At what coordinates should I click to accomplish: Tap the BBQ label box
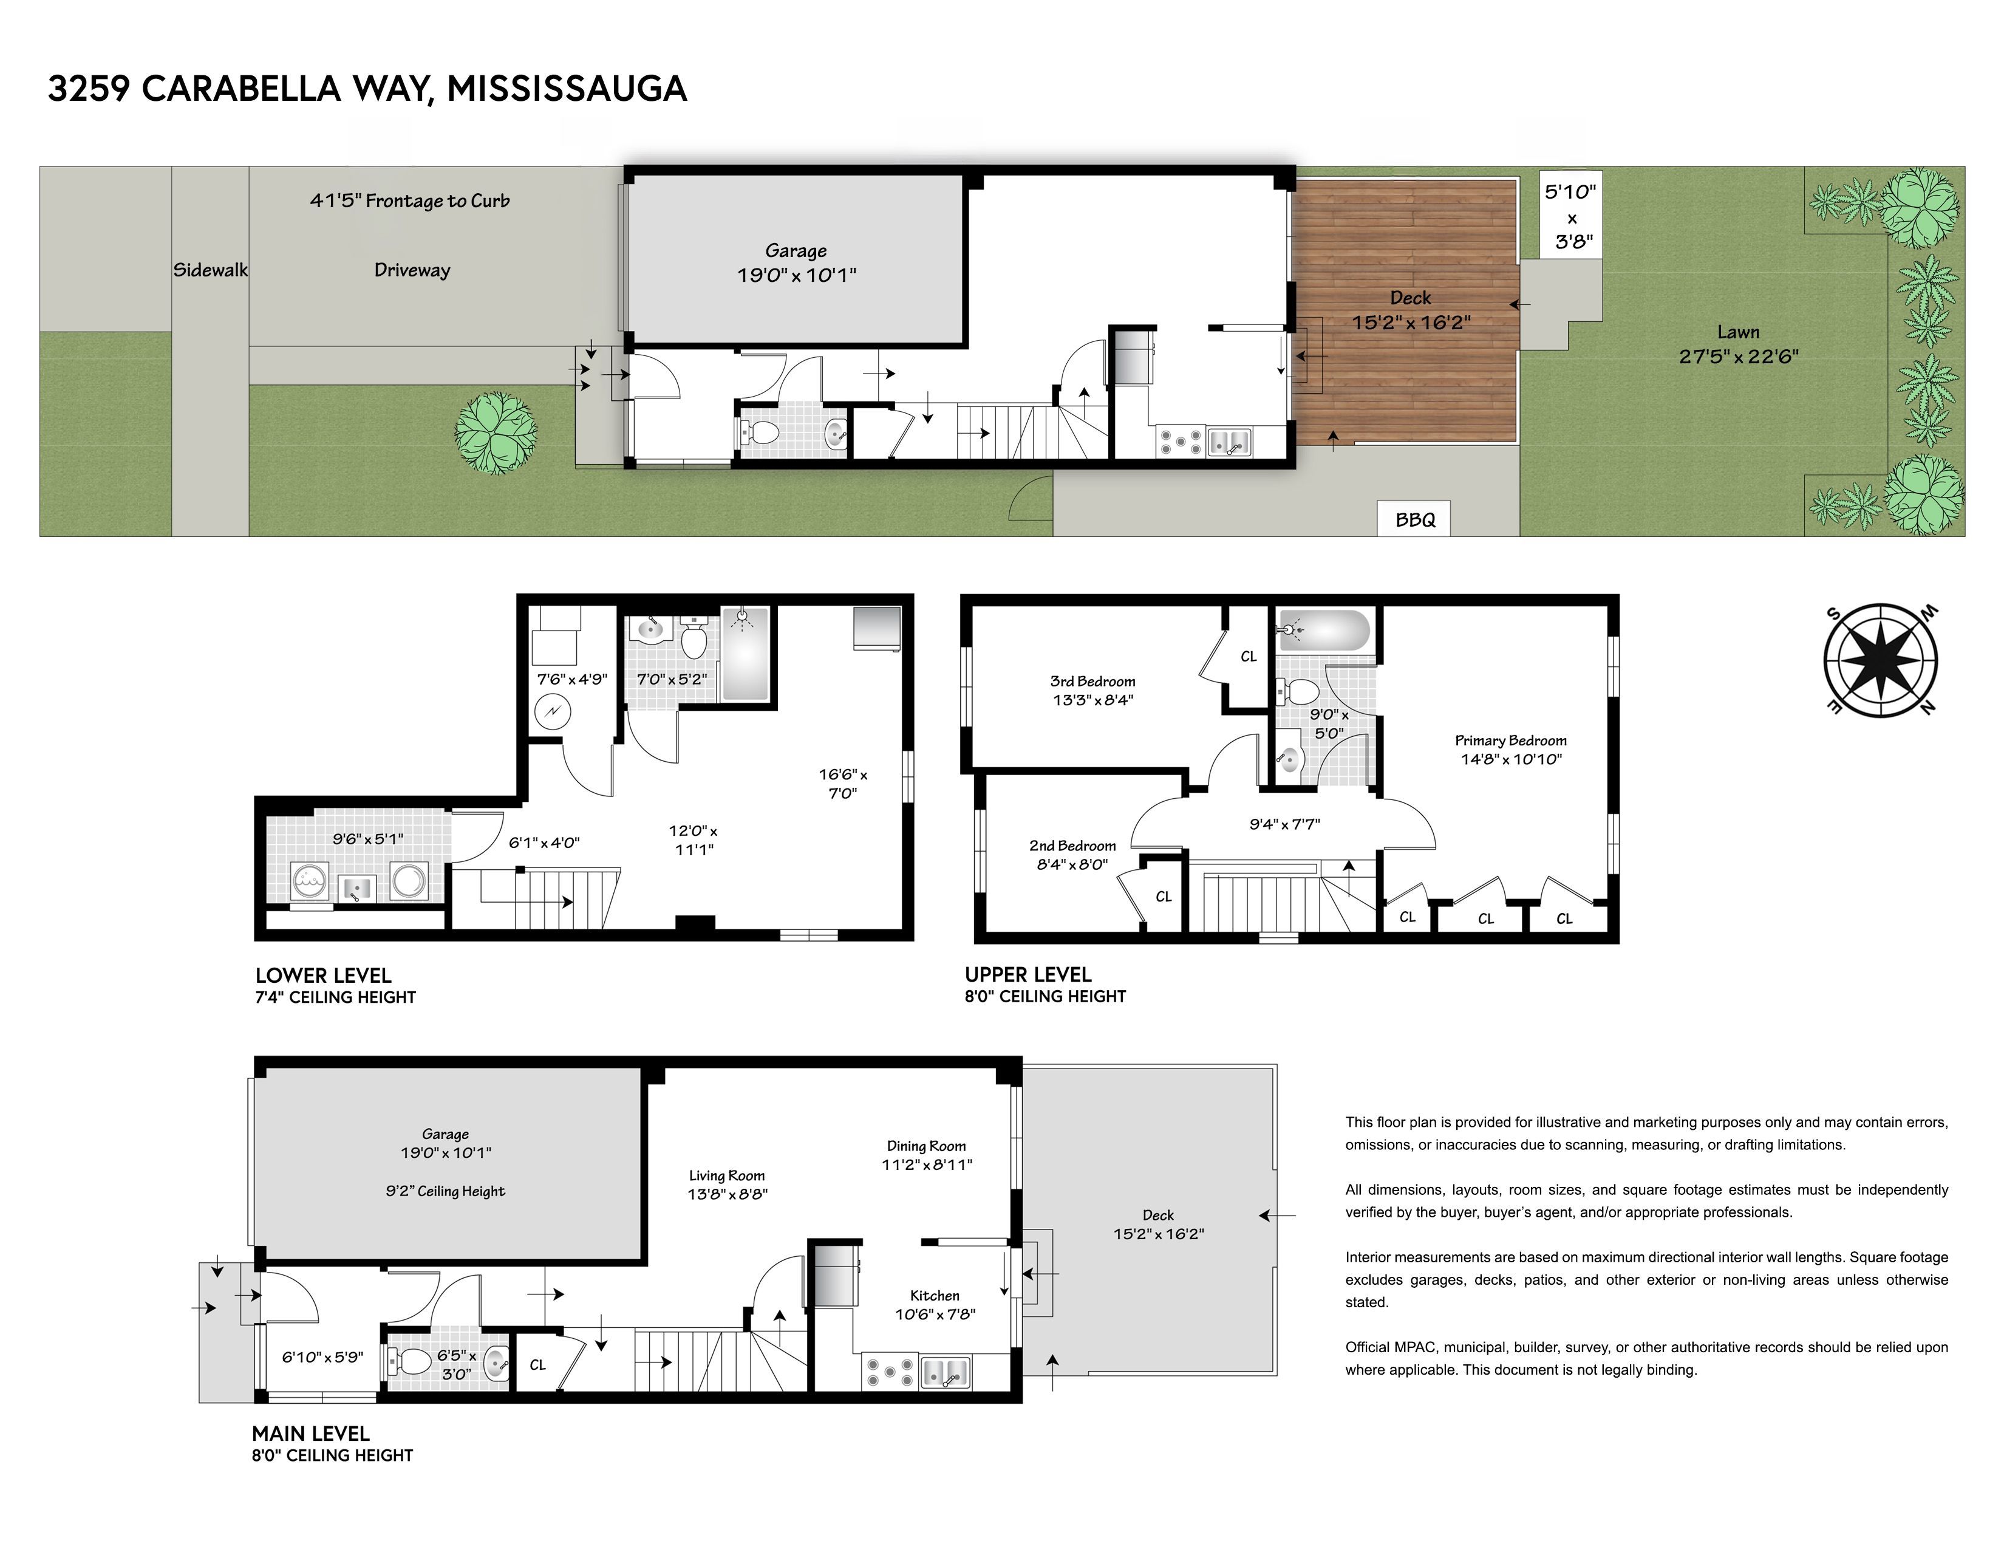pyautogui.click(x=1414, y=519)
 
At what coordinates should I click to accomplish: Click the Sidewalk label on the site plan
pyautogui.click(x=210, y=270)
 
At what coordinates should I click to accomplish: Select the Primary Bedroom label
pyautogui.click(x=1510, y=740)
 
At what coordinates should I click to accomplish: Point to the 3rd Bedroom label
pyautogui.click(x=1092, y=681)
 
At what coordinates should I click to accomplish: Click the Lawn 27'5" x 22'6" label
pyautogui.click(x=1738, y=344)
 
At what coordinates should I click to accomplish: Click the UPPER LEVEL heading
pyautogui.click(x=1028, y=974)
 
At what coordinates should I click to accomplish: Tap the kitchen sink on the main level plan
pyautogui.click(x=944, y=1373)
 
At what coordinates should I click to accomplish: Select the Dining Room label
pyautogui.click(x=926, y=1145)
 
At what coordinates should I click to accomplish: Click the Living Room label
pyautogui.click(x=727, y=1175)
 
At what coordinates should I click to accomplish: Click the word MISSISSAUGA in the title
pyautogui.click(x=566, y=88)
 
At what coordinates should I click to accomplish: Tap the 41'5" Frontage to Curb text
pyautogui.click(x=409, y=200)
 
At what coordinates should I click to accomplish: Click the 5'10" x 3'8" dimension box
pyautogui.click(x=1571, y=217)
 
